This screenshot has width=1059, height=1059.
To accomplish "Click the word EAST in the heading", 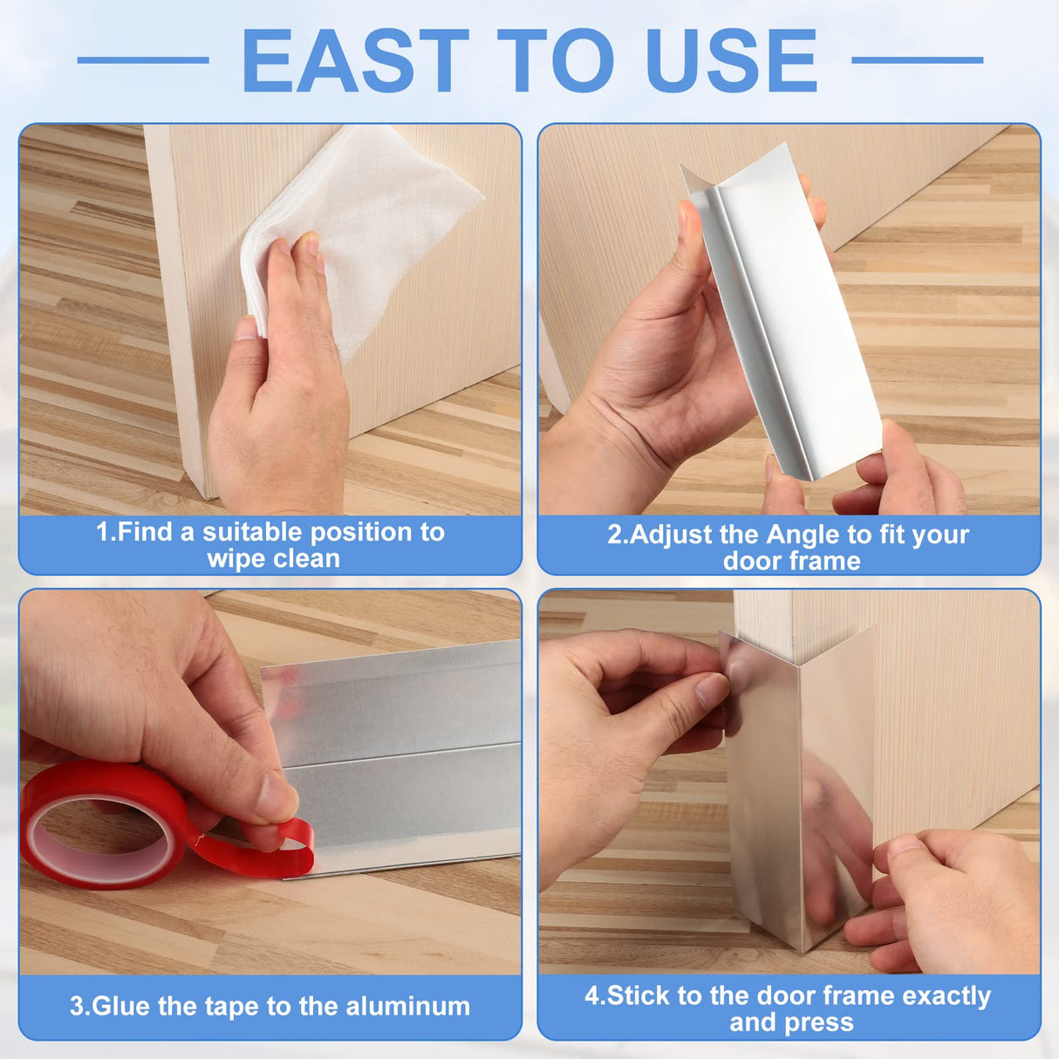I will click(356, 61).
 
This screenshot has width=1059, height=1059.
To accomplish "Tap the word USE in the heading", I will click(733, 61).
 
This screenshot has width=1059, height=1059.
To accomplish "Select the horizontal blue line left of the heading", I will click(143, 60).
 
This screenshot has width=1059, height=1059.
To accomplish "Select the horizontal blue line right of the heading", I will click(917, 60).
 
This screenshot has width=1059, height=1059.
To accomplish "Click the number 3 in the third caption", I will click(77, 1007).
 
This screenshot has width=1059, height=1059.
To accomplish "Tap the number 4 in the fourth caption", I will click(591, 996).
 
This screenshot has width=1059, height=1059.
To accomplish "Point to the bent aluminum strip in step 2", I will click(776, 314).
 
